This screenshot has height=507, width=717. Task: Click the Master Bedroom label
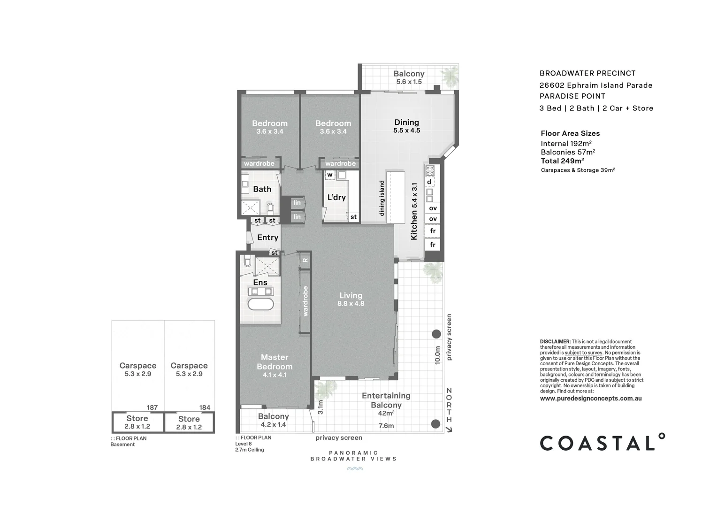coord(275,362)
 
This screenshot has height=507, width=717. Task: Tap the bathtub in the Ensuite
coord(260,304)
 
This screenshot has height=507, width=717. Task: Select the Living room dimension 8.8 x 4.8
coord(351,304)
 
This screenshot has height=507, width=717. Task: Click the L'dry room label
coord(336,197)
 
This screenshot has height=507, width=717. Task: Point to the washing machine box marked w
coord(330,175)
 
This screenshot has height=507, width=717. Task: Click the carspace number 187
coord(152,407)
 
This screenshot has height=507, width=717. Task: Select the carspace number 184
coord(205,407)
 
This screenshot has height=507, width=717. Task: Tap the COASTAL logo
coord(602,442)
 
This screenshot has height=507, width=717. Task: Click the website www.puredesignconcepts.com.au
coord(591,399)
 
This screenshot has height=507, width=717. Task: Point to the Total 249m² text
coord(562,161)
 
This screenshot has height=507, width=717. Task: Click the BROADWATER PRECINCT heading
coord(587,73)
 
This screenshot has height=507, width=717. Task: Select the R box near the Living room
coord(305,260)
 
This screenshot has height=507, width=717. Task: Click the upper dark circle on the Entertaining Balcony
coord(436,334)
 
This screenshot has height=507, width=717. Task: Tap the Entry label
coord(267,238)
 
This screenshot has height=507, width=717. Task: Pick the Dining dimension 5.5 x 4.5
coord(406,131)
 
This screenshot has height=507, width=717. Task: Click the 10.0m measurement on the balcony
coord(437,355)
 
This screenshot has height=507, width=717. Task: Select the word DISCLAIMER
coord(555,342)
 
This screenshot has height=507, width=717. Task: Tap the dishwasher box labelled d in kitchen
coord(429,182)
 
